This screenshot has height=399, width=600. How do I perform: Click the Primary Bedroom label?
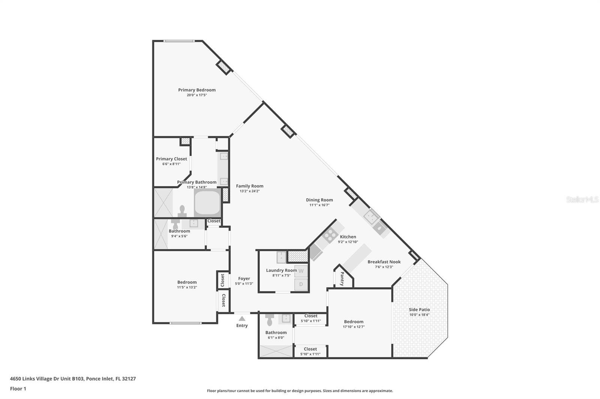point(196,90)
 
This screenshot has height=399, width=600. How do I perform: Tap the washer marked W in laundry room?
point(301,271)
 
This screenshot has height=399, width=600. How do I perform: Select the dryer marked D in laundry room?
point(301,285)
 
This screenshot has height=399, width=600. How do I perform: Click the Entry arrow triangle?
point(242,319)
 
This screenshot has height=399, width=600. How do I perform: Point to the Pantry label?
point(342,279)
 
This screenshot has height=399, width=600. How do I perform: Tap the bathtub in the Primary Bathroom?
point(207,202)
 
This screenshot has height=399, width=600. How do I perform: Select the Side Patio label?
point(419,310)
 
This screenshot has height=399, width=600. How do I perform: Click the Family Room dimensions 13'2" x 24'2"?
point(249,191)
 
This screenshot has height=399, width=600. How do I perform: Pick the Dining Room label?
point(319,200)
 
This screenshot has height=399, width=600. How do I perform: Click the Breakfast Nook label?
point(384,262)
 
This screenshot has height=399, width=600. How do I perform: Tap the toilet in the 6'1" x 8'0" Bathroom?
point(269,320)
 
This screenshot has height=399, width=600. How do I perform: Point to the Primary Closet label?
point(171,159)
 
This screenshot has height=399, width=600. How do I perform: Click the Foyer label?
point(244,278)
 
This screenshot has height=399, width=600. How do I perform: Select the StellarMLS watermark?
point(582,200)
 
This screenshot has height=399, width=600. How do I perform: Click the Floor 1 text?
point(18,389)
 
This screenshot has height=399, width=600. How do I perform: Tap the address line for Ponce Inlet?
point(73,378)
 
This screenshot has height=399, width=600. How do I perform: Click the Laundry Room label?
point(281,270)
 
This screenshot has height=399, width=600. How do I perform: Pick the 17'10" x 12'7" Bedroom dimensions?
point(353,327)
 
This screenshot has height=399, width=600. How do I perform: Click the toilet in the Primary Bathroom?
point(182,211)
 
